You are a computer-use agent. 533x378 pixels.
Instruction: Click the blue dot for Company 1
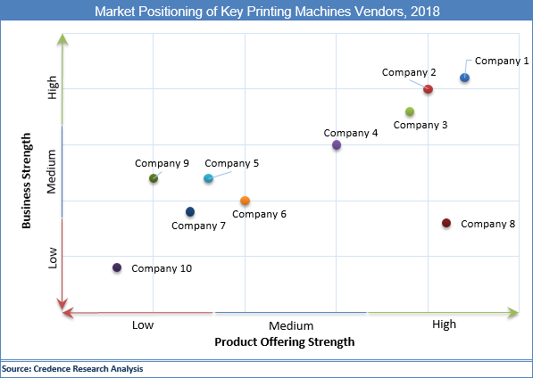(x=464, y=78)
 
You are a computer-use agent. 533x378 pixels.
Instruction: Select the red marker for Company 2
(x=429, y=89)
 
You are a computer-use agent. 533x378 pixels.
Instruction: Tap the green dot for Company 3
(x=410, y=111)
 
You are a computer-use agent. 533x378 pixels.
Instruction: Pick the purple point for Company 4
(x=337, y=144)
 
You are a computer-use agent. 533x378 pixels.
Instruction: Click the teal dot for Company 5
(x=208, y=178)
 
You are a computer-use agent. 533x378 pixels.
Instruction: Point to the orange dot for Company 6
(x=245, y=201)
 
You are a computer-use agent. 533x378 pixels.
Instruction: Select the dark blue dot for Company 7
(x=190, y=211)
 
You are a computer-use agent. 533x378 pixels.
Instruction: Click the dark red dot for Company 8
(x=446, y=223)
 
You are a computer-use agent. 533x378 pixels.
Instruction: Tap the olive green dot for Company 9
(x=154, y=178)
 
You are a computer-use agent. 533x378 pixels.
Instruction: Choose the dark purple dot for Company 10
(x=117, y=267)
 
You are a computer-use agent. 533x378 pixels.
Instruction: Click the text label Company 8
(x=487, y=224)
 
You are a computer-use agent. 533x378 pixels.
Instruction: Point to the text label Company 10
(x=162, y=267)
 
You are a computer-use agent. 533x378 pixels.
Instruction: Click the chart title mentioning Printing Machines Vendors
(x=266, y=11)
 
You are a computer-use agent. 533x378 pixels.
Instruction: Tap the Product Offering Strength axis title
(x=285, y=341)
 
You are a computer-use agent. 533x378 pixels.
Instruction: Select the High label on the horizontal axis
(x=444, y=325)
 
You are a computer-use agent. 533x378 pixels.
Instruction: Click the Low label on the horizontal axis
(x=143, y=325)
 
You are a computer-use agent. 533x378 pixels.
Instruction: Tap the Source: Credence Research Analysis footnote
(x=72, y=368)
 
